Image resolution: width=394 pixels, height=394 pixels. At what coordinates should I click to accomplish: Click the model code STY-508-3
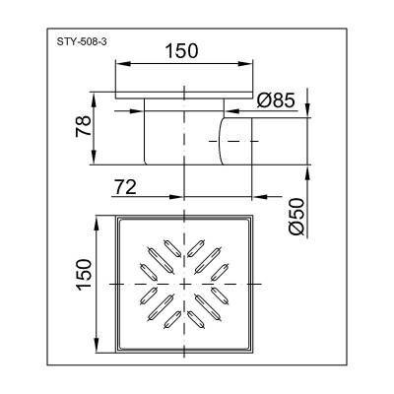82,42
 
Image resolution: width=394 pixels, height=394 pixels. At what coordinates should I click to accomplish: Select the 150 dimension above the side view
181,51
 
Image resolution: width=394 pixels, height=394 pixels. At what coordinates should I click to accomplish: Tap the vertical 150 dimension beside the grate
83,275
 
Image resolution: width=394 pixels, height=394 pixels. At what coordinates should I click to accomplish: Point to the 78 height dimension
83,126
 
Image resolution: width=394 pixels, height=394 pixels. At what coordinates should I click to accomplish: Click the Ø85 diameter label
275,100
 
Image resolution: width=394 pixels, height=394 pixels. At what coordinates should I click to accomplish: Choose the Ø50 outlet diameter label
297,217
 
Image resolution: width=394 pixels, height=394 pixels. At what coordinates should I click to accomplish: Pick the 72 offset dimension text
125,188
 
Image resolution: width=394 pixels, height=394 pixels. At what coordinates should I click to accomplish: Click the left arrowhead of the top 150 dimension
121,64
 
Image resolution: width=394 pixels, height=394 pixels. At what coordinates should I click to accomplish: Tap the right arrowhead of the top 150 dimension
247,64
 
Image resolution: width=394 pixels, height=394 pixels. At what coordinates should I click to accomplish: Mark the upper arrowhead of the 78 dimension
94,98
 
